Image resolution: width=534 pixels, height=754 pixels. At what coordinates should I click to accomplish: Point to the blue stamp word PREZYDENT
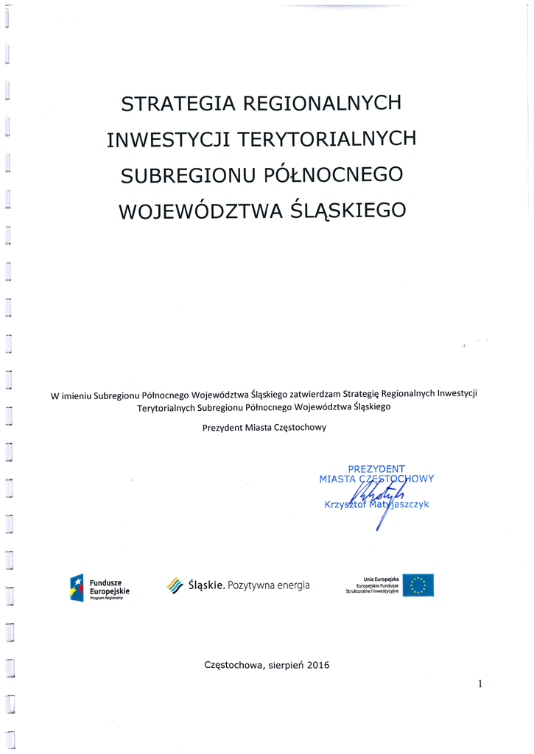(376, 468)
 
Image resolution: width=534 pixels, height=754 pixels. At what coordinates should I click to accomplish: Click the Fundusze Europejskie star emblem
(77, 587)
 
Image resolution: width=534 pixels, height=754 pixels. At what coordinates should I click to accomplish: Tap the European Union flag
(418, 585)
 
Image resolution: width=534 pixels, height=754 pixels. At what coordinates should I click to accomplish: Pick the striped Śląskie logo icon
(175, 585)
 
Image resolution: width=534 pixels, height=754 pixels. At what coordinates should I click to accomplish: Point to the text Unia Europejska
(382, 579)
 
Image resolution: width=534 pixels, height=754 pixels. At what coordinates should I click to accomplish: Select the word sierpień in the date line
(280, 665)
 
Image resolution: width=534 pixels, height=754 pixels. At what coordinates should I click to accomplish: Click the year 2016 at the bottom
(317, 665)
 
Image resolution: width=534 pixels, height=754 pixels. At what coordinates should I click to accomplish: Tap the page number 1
(479, 684)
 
